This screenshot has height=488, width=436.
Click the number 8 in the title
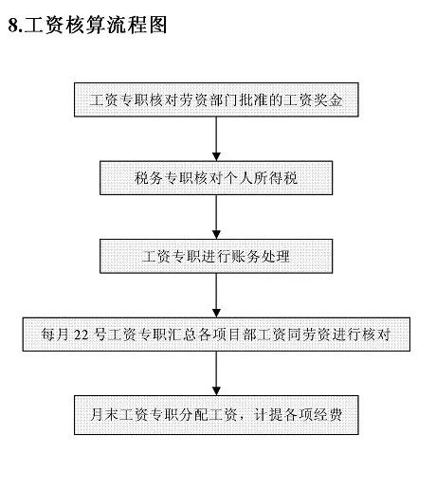click(x=14, y=25)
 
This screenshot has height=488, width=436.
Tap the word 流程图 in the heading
click(x=136, y=25)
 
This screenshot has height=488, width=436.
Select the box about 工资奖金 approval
click(x=216, y=99)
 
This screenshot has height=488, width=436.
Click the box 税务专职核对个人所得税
click(x=216, y=178)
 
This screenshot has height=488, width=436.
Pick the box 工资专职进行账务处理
click(x=216, y=256)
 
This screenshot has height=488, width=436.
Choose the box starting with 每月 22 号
click(x=216, y=334)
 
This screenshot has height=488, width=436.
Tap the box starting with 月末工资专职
click(x=216, y=415)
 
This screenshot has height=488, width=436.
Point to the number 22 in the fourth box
click(x=82, y=334)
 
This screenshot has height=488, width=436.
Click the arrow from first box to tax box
click(x=216, y=138)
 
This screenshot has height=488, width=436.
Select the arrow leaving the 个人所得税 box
click(x=216, y=217)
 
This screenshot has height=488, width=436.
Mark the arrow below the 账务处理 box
click(x=216, y=295)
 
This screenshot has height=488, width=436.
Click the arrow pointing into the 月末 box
click(x=216, y=373)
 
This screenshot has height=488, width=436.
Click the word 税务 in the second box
click(x=149, y=178)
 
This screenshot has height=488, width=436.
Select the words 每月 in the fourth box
click(x=55, y=334)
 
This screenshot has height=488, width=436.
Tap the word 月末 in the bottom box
click(x=104, y=414)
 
